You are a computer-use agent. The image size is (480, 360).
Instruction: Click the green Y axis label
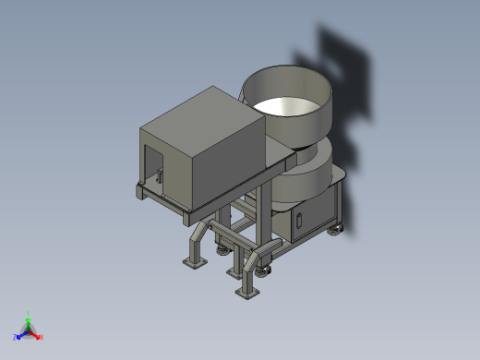29,313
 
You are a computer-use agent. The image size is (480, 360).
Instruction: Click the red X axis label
42,337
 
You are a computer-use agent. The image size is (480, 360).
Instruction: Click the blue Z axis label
16,338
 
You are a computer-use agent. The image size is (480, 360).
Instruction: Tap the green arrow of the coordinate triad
29,322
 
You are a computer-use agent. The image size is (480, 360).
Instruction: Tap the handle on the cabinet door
299,221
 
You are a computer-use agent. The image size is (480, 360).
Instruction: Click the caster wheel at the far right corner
334,231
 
